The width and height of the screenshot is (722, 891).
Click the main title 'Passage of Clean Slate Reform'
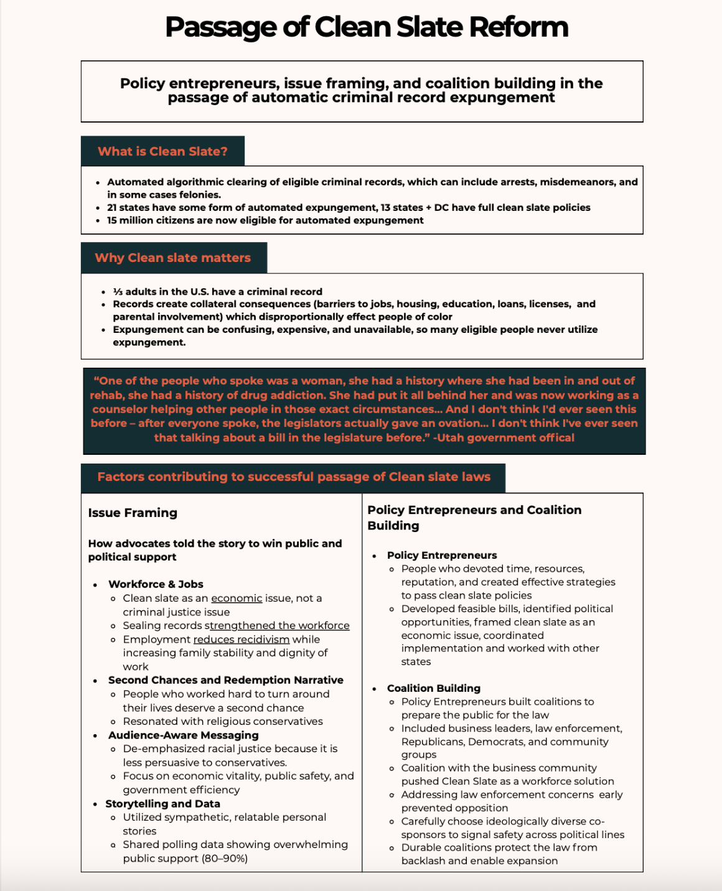coord(367,27)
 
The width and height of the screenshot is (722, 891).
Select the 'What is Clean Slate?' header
coord(162,151)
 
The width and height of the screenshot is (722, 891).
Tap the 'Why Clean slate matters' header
coord(173,258)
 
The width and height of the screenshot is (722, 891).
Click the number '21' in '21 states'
coord(112,207)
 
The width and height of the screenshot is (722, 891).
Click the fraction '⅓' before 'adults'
coord(117,292)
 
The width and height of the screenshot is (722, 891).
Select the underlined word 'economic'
coord(237,598)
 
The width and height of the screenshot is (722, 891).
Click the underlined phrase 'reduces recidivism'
coord(241,640)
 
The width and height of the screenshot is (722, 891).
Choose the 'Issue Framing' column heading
coord(133,513)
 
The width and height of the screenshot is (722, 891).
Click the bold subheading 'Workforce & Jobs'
coord(156,584)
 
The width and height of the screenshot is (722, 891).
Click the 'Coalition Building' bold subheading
coord(433,688)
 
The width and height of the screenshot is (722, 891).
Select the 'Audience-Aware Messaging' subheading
coord(183,735)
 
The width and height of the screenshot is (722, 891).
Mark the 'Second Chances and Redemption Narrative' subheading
coord(225,680)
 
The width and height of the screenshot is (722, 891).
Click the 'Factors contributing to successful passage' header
coord(294,477)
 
